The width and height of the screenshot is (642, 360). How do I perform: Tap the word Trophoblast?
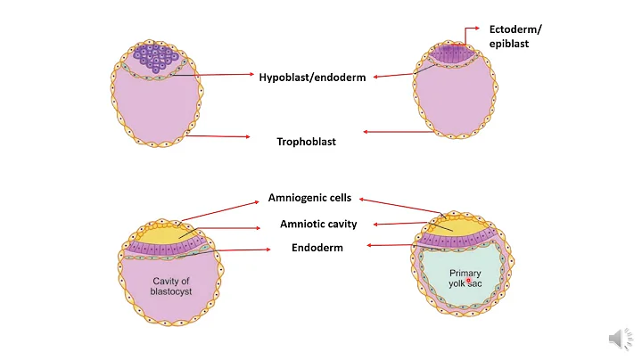[305, 141]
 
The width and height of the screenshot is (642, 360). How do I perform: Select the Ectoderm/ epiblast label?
[514, 37]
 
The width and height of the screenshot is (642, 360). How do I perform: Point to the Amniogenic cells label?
[309, 199]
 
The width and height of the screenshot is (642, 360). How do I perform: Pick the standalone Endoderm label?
[317, 248]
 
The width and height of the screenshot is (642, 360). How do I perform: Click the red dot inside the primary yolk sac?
[468, 280]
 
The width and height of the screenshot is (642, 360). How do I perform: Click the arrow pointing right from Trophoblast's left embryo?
[218, 136]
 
